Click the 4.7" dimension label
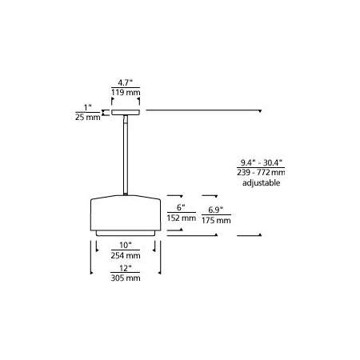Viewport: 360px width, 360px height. click(x=126, y=82)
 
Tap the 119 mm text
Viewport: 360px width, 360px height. click(x=126, y=93)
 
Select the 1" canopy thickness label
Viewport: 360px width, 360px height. click(x=88, y=108)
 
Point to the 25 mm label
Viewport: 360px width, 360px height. click(x=88, y=117)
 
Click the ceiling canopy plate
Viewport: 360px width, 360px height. click(x=126, y=112)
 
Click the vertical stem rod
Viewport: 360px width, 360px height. click(x=126, y=155)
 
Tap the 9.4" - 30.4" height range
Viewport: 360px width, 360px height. click(x=261, y=162)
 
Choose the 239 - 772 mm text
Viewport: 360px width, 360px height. click(x=261, y=172)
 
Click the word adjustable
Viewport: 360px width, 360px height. click(x=261, y=183)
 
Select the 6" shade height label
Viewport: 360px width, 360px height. click(x=181, y=207)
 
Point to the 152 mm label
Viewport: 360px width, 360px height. click(x=182, y=218)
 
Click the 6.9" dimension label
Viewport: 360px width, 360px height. click(x=216, y=210)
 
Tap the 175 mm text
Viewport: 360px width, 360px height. click(x=216, y=220)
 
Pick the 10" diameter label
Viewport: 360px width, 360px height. click(x=126, y=245)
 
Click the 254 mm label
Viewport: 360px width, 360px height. click(x=126, y=255)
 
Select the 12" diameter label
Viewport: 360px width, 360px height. click(x=126, y=268)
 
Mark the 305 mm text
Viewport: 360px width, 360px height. click(x=126, y=278)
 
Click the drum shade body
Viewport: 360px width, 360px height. click(x=126, y=213)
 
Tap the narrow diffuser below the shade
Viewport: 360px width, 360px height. click(x=126, y=234)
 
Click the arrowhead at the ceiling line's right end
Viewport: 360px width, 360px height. click(x=260, y=111)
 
